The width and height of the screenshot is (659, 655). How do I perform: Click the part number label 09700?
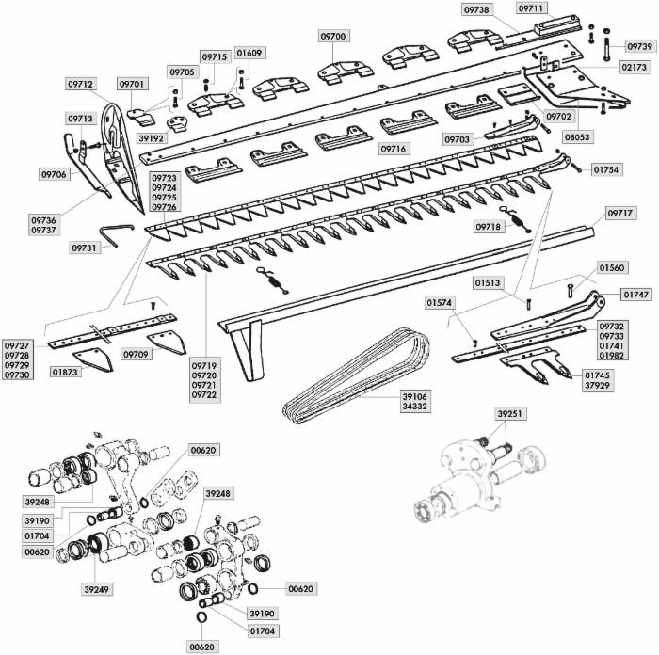point(333,36)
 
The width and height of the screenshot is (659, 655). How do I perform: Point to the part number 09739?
point(640,46)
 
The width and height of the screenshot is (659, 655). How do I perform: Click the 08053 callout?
point(577,136)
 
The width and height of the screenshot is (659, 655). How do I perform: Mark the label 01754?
point(606,170)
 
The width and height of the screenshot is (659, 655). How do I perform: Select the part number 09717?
point(618,214)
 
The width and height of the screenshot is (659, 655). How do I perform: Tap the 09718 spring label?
point(488,227)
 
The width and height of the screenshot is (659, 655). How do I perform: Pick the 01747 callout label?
point(635,295)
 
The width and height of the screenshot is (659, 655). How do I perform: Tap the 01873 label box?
point(65,373)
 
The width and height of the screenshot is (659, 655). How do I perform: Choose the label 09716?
point(394,149)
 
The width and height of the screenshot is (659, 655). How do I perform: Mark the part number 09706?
point(53,174)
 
